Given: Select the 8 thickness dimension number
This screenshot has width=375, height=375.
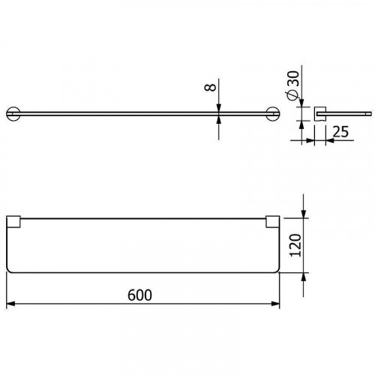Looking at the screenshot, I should click(211, 88).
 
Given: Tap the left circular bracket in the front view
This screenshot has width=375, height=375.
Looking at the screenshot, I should click(13, 113).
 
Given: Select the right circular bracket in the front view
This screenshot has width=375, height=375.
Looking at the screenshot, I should click(273, 113).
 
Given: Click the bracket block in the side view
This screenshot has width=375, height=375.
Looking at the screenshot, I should click(318, 112).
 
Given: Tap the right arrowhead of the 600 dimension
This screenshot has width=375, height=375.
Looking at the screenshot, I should click(277, 304).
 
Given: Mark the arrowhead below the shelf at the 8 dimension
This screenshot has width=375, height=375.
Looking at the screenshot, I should click(219, 119).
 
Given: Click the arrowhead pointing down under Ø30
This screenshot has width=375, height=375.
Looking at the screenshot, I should click(301, 103).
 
